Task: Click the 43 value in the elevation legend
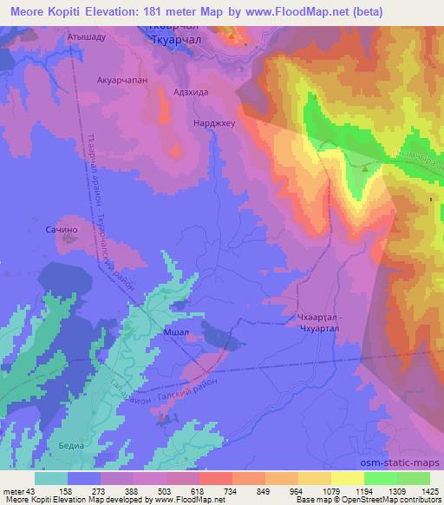point(31,490)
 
